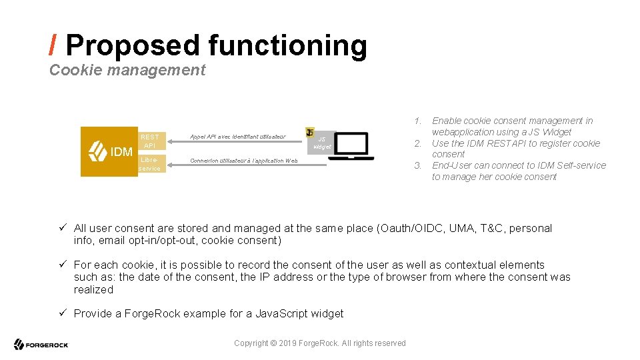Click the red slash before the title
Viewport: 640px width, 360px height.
pyautogui.click(x=53, y=45)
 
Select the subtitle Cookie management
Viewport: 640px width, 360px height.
pyautogui.click(x=127, y=70)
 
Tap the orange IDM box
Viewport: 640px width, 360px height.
pyautogui.click(x=110, y=151)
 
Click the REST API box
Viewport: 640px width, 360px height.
pyautogui.click(x=150, y=141)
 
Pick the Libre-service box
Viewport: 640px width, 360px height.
pyautogui.click(x=150, y=165)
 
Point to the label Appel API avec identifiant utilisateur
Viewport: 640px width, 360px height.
pyautogui.click(x=237, y=137)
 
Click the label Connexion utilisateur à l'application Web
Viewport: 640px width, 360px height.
pyautogui.click(x=244, y=161)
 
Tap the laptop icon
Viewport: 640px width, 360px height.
pyautogui.click(x=351, y=146)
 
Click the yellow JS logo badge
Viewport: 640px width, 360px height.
pyautogui.click(x=310, y=132)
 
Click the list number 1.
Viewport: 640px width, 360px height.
pyautogui.click(x=417, y=121)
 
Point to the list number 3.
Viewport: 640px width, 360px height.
pyautogui.click(x=417, y=165)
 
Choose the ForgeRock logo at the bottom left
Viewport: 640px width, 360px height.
pyautogui.click(x=41, y=345)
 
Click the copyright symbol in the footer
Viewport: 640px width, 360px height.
pyautogui.click(x=274, y=343)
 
